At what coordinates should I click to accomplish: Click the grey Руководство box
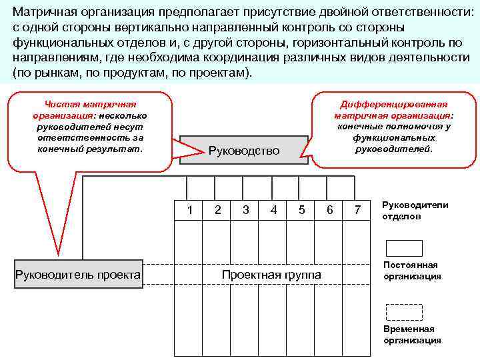pos(244,150)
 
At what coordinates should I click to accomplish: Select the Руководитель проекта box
pos(78,275)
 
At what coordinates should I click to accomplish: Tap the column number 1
pos(190,210)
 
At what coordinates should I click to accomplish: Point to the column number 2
pos(218,210)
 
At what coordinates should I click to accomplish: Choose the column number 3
pos(246,210)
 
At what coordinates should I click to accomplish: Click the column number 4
pos(274,210)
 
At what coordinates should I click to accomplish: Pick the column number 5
pos(302,210)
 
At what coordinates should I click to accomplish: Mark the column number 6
pos(330,210)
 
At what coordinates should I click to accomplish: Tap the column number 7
pos(358,210)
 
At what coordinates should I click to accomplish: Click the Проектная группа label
pos(271,275)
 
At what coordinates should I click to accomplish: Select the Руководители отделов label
pos(415,211)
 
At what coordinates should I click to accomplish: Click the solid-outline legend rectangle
pos(404,248)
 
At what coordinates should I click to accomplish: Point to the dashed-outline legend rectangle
pos(404,312)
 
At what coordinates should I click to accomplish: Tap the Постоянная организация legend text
pos(412,271)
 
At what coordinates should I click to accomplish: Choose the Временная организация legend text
pos(412,335)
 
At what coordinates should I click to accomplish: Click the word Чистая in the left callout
pos(59,105)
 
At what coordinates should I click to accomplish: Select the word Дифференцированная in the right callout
pos(393,105)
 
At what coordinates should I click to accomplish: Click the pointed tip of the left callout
pos(59,255)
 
